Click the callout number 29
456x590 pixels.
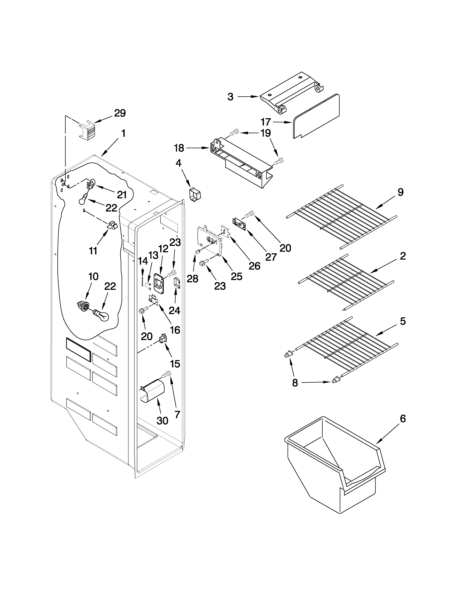[120, 113]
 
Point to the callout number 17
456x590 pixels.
[266, 122]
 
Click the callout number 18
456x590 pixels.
[179, 148]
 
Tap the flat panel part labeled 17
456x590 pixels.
[316, 116]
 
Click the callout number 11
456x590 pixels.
[93, 251]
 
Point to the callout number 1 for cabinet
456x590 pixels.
[123, 133]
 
